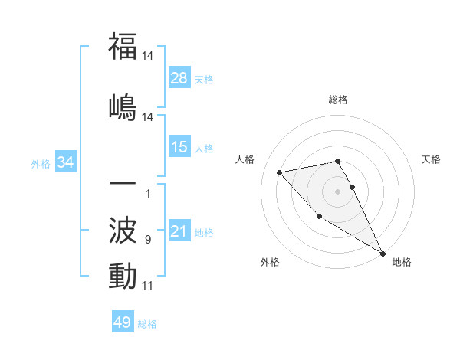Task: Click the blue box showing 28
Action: click(179, 78)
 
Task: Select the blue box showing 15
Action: click(179, 147)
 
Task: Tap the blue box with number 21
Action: click(179, 231)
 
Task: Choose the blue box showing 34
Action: click(66, 162)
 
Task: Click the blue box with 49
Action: click(123, 322)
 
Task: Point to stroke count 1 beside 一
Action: click(147, 194)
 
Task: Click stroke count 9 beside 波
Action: click(147, 240)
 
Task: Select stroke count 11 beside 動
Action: click(147, 286)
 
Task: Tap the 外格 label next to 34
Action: click(41, 163)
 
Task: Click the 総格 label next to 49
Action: click(147, 324)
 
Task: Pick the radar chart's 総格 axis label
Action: click(338, 100)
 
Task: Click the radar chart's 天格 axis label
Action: click(432, 159)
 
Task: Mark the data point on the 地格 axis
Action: click(383, 253)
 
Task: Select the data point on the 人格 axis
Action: click(280, 172)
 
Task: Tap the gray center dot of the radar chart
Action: click(338, 191)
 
